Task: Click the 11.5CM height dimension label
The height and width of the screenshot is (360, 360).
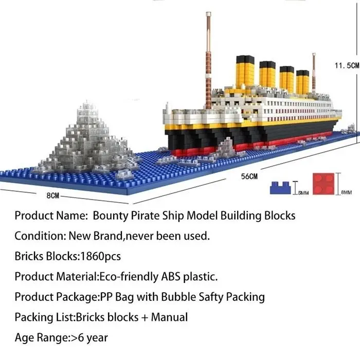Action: tap(346, 66)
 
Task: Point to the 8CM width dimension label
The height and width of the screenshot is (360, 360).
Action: tap(53, 196)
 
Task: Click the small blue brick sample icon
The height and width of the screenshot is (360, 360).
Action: tap(280, 187)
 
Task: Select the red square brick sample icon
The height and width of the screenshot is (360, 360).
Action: tap(323, 184)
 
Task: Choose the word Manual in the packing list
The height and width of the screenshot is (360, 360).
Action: tap(169, 317)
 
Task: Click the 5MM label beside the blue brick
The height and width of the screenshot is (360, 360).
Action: tap(304, 193)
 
